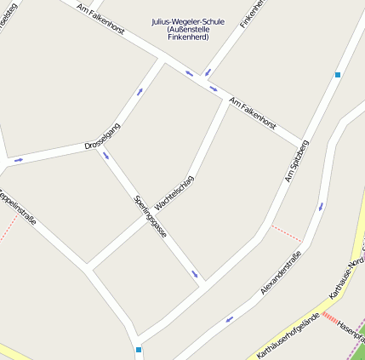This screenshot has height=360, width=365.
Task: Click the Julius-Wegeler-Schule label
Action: [188, 21]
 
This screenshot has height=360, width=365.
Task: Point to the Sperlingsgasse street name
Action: [151, 216]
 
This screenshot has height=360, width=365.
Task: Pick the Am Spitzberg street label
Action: [296, 162]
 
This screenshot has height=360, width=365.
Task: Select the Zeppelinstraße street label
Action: [17, 209]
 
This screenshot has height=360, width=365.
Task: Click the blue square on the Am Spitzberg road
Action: [338, 75]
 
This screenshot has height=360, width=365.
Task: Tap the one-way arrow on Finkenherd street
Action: [207, 73]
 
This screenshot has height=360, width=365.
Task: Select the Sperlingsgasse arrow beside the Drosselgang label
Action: [106, 155]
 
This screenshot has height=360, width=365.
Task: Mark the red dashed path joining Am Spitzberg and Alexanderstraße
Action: [286, 233]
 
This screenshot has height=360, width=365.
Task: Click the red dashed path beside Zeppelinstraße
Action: [9, 228]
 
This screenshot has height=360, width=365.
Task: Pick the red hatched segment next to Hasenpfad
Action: [331, 318]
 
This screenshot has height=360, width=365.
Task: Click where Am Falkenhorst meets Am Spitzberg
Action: [300, 143]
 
